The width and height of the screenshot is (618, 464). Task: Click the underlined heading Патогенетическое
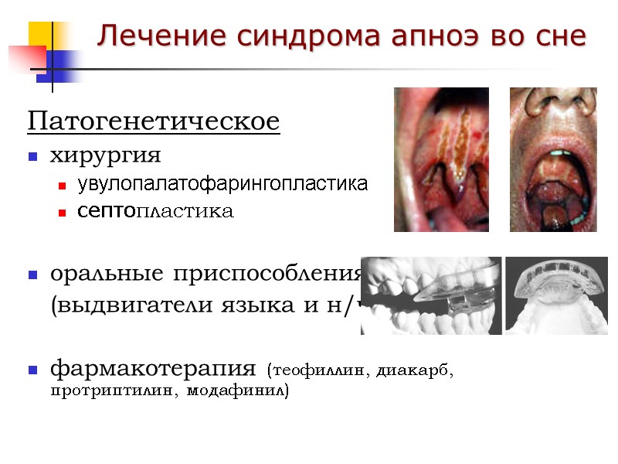pyautogui.click(x=154, y=122)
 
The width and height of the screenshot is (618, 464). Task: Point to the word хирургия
pyautogui.click(x=106, y=156)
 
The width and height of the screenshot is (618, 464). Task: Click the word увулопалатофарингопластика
pyautogui.click(x=222, y=185)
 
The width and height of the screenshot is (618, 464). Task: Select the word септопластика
pyautogui.click(x=155, y=211)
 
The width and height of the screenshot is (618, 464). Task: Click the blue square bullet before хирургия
pyautogui.click(x=33, y=157)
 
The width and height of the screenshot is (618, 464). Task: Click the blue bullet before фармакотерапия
pyautogui.click(x=33, y=370)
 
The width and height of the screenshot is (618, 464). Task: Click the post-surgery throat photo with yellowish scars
pyautogui.click(x=441, y=159)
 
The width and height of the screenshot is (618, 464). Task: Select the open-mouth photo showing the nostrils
pyautogui.click(x=553, y=159)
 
